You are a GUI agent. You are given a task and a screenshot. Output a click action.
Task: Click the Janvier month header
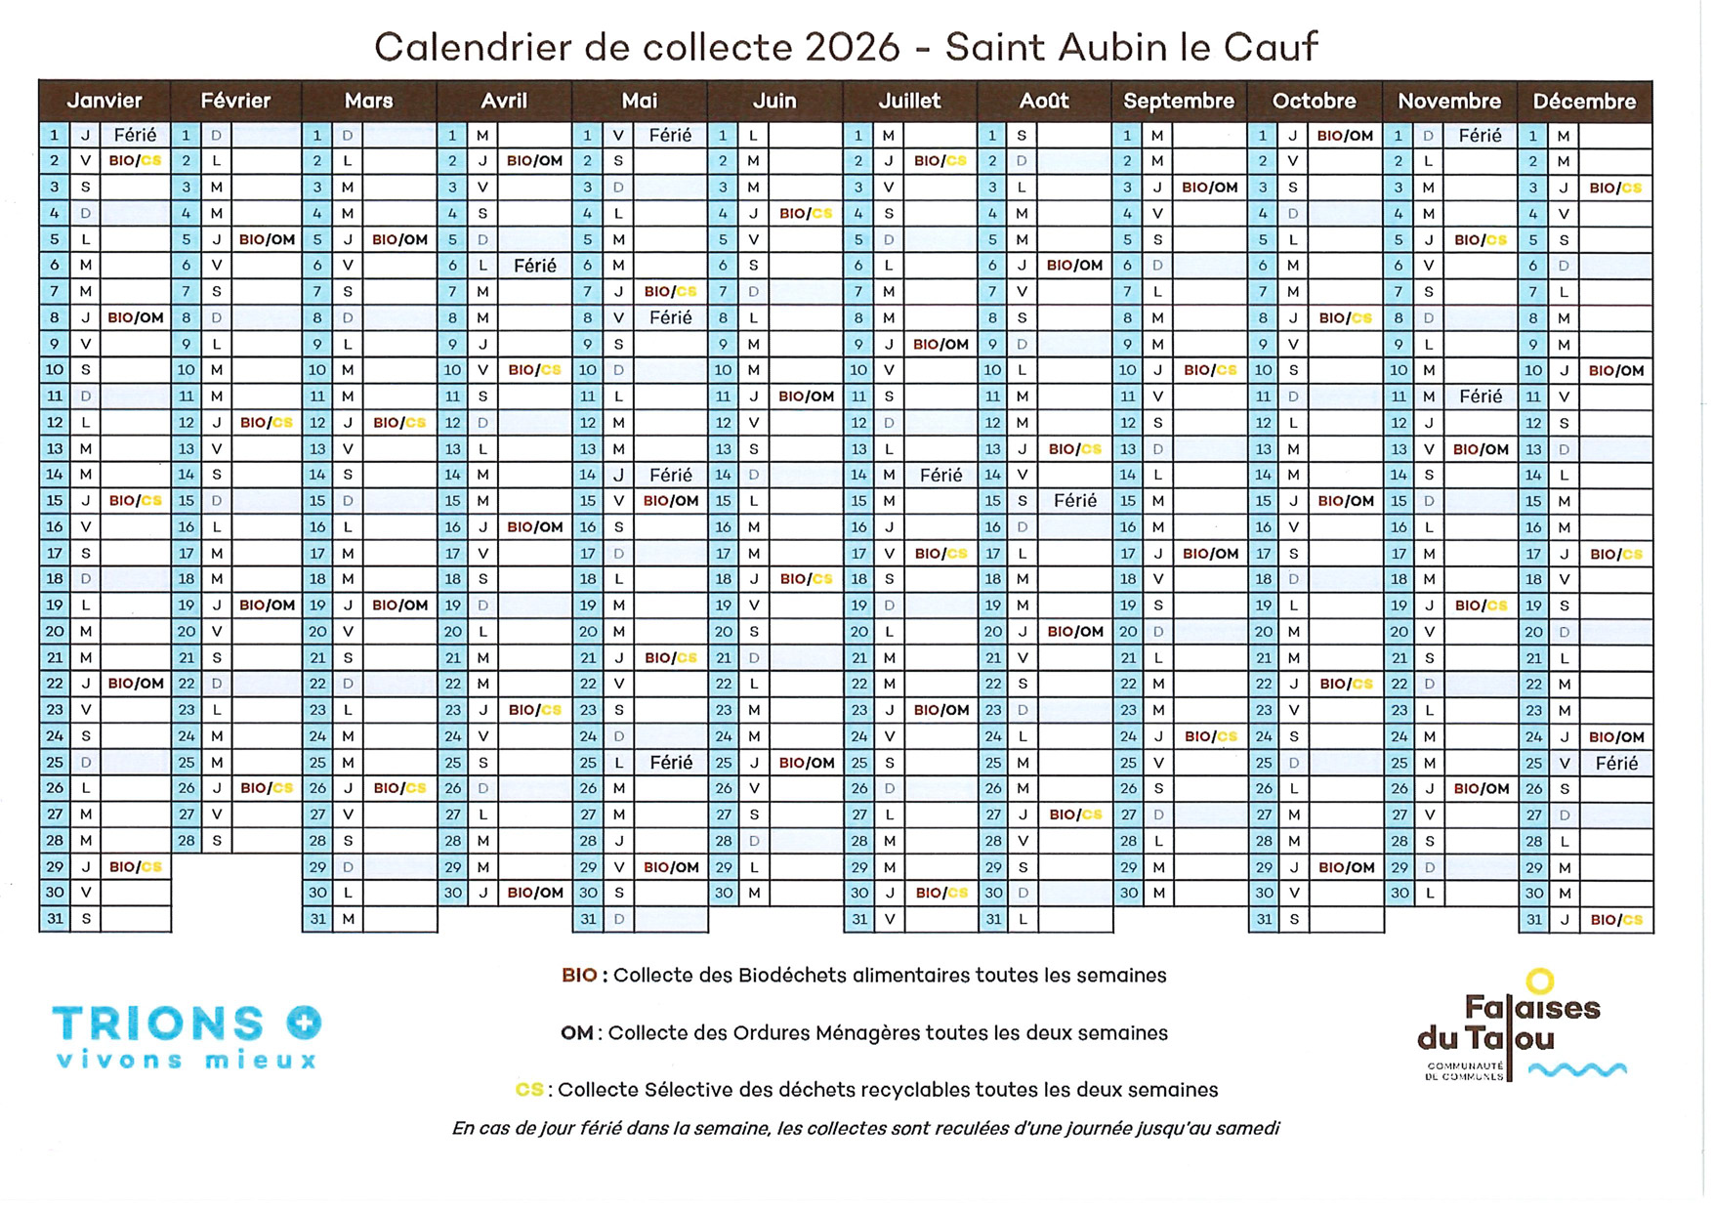click(104, 101)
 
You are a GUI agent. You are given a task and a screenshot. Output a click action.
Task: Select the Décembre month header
click(1584, 101)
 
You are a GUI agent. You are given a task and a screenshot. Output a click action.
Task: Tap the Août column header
click(1044, 101)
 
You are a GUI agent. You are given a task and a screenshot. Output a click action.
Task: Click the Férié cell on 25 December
click(1616, 763)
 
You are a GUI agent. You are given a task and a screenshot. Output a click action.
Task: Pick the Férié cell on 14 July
click(940, 475)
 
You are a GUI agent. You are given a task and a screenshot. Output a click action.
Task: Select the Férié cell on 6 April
click(534, 266)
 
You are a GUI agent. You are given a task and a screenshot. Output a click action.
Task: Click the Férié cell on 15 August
click(1074, 501)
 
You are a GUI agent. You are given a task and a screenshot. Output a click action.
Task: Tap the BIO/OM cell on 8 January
click(136, 317)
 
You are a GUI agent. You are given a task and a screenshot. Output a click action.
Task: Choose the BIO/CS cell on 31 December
click(1616, 919)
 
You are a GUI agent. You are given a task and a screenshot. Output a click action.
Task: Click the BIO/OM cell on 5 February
click(267, 239)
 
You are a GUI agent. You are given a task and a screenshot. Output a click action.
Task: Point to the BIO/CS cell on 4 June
click(806, 213)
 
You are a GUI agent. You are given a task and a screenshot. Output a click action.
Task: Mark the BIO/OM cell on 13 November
click(1481, 449)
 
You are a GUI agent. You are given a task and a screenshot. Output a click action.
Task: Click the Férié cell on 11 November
click(1481, 397)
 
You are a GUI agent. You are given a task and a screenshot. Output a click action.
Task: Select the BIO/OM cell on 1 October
click(1345, 136)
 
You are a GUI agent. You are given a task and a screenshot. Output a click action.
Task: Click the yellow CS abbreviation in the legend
click(529, 1090)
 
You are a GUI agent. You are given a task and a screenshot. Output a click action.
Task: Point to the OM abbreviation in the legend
click(576, 1033)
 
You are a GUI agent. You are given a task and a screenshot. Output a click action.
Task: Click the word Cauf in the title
click(1271, 47)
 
